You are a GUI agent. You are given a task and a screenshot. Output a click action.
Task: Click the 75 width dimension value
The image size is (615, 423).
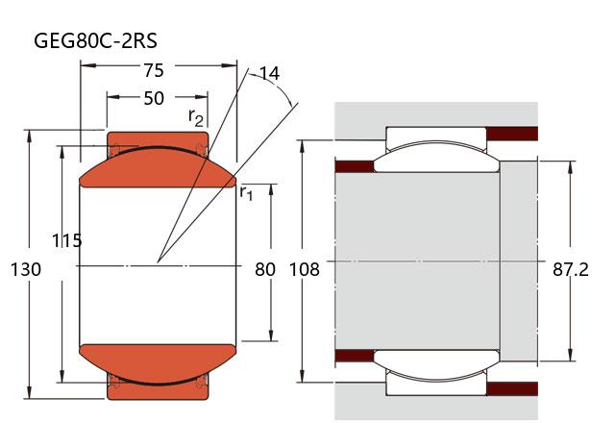coord(153,70)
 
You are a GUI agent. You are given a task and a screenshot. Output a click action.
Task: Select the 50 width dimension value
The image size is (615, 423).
coord(153,98)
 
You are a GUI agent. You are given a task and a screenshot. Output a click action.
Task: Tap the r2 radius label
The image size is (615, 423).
coord(196,117)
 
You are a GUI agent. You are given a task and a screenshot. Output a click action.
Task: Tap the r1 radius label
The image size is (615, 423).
coord(246,192)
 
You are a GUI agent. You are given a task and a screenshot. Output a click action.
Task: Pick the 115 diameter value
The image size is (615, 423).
coord(67,241)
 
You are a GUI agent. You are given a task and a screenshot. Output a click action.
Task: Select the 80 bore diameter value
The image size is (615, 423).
coord(265,269)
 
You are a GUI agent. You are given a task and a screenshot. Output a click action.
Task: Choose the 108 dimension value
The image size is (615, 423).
coord(304,269)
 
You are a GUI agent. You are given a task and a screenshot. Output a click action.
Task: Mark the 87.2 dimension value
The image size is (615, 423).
coord(570,269)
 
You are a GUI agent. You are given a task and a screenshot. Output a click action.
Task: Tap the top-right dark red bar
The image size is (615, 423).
coord(514,133)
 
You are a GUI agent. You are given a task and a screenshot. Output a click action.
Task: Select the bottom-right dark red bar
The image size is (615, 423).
coord(514,388)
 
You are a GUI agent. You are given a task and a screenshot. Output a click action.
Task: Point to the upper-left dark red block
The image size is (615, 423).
coord(354,165)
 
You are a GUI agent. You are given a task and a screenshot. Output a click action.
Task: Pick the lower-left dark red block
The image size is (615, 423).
coord(354,357)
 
